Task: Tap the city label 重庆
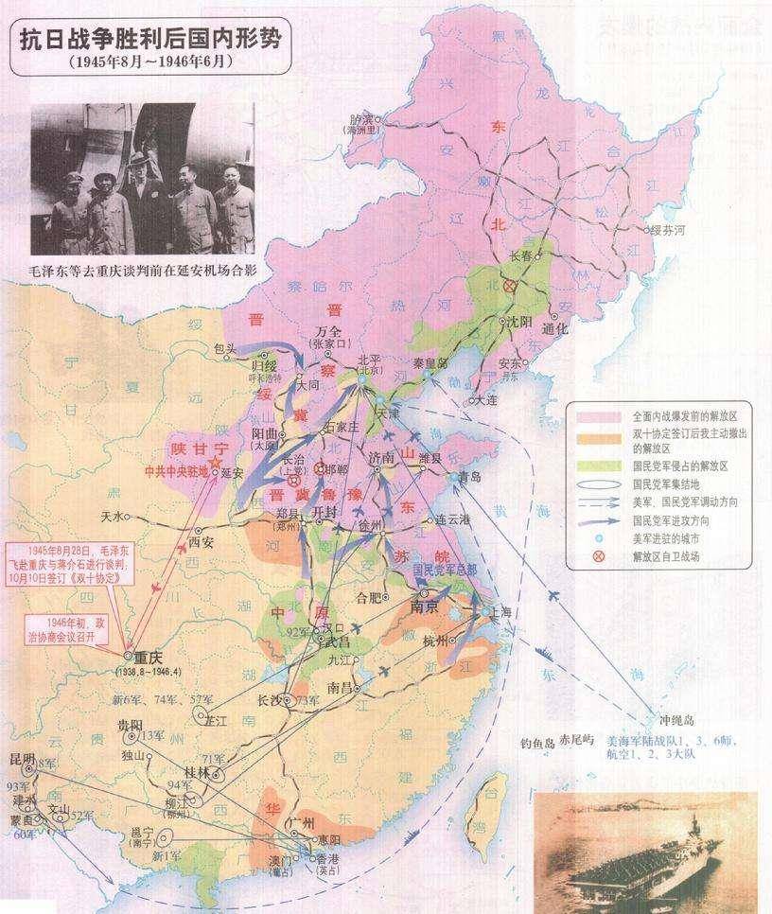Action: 149,658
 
